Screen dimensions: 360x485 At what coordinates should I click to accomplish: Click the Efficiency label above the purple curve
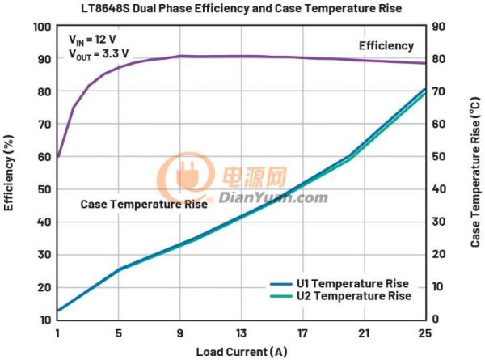(x=386, y=46)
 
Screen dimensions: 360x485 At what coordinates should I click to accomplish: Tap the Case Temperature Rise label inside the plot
(x=144, y=205)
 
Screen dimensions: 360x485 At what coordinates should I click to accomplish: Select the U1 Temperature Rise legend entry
(x=352, y=284)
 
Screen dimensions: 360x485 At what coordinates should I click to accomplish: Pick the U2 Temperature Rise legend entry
(x=352, y=296)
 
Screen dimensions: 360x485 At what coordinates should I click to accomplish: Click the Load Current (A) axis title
(x=241, y=352)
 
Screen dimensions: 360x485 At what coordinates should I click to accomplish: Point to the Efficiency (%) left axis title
(x=9, y=173)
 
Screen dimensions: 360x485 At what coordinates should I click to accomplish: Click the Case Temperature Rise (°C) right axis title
(x=475, y=173)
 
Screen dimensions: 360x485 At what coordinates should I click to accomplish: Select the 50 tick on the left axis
(x=44, y=189)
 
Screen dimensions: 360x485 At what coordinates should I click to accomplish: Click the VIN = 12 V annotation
(x=97, y=40)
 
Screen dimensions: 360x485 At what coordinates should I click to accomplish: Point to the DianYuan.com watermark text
(x=272, y=197)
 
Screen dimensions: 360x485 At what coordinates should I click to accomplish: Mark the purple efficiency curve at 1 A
(x=58, y=156)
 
